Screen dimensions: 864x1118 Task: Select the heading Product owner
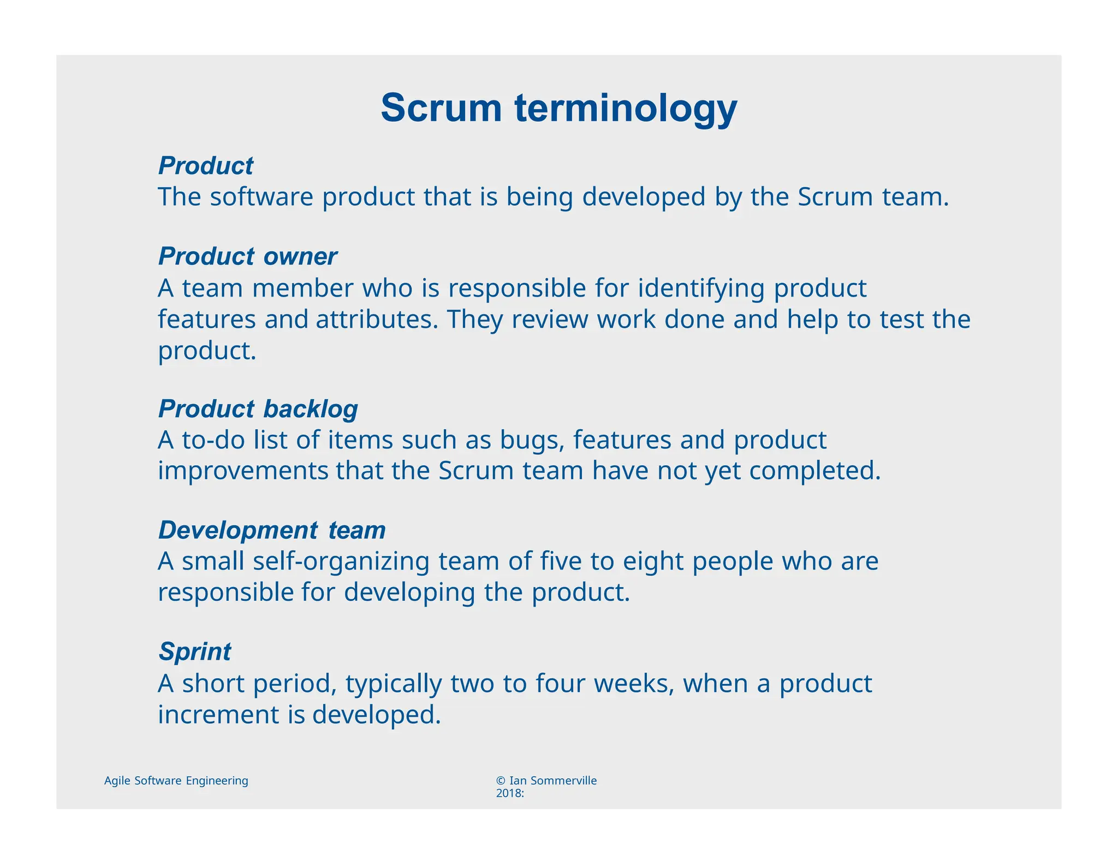point(247,256)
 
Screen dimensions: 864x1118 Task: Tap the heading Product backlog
point(258,409)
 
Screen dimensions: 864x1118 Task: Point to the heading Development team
point(272,530)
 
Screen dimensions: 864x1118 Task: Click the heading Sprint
point(194,651)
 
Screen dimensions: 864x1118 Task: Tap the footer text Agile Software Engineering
point(176,780)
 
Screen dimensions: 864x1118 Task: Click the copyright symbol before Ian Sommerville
point(501,780)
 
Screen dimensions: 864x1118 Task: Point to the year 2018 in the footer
point(508,793)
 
